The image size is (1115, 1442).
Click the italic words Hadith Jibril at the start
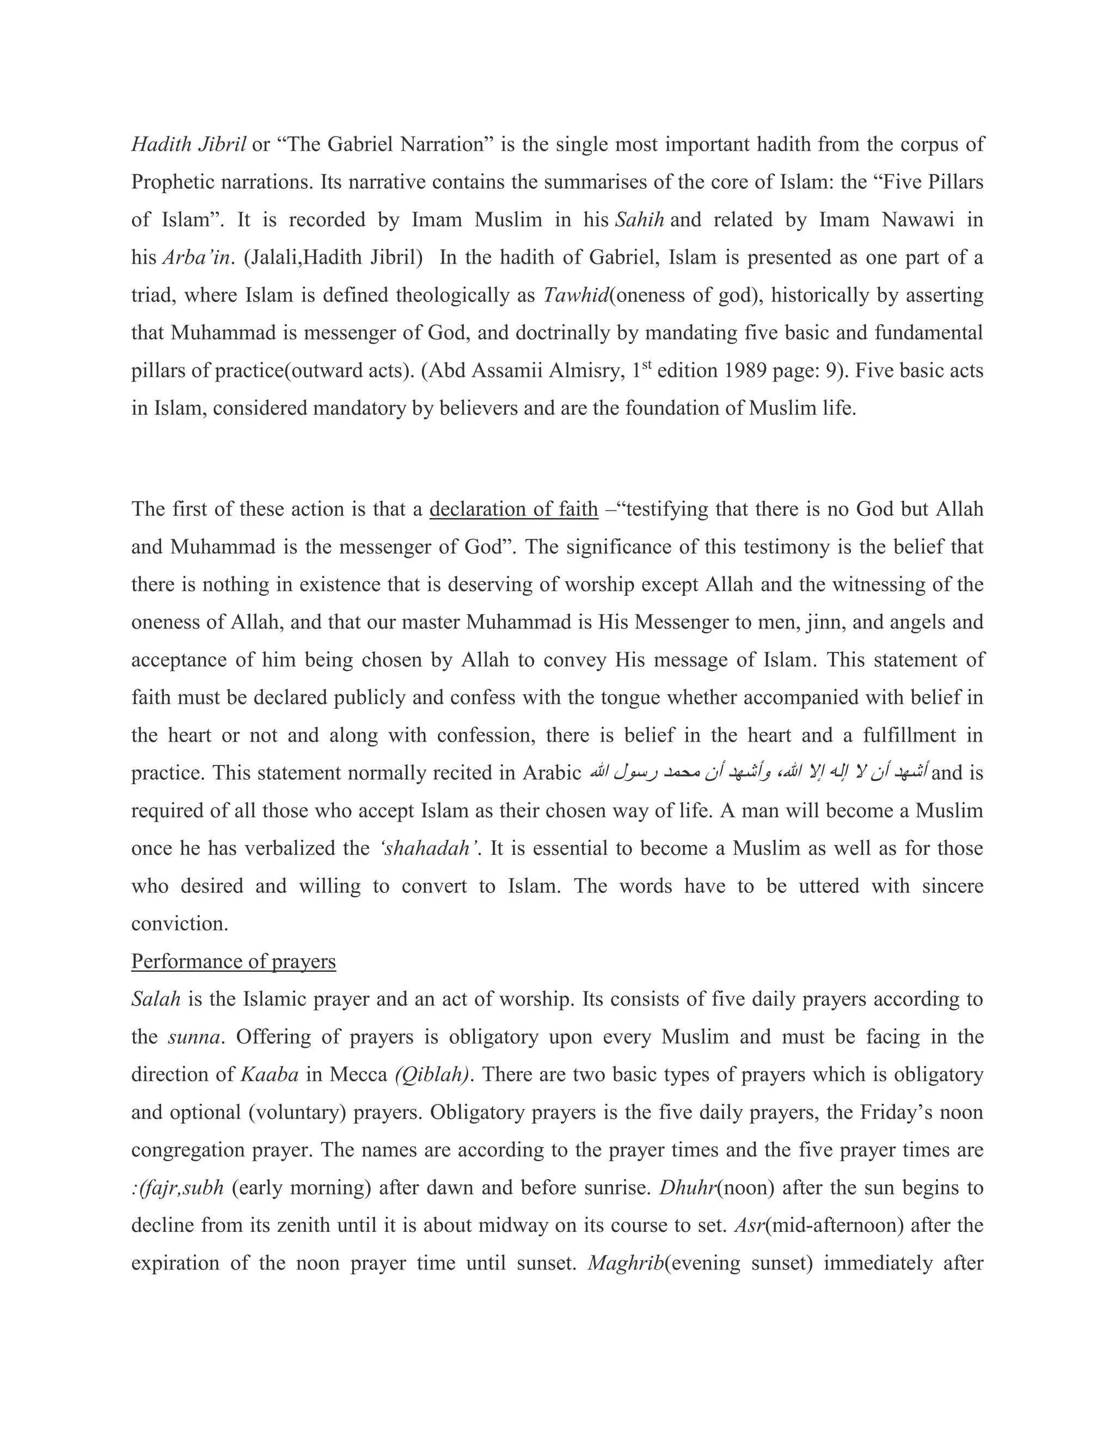(189, 145)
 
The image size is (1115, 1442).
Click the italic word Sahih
(639, 220)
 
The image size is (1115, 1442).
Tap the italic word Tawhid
(575, 295)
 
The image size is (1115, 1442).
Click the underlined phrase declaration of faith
(513, 509)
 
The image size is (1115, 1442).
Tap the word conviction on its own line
(180, 923)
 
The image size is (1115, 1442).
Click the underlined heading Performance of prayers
(233, 960)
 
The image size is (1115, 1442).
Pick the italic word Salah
(156, 999)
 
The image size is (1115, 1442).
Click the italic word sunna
(193, 1037)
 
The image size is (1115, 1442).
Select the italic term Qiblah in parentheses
(432, 1074)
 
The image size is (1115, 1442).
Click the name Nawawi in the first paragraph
(918, 220)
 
